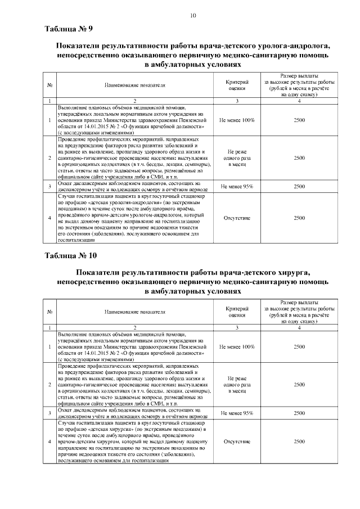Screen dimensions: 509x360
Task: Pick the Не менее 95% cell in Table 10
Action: tap(237, 413)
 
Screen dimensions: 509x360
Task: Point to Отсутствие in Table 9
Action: tap(237, 217)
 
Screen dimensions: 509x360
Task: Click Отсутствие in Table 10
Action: tap(237, 442)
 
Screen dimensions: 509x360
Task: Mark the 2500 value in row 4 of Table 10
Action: tap(299, 442)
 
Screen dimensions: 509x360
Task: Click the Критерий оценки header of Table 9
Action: tap(237, 85)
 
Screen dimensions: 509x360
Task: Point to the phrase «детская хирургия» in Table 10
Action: tap(112, 428)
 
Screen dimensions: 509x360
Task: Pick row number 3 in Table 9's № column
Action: tap(50, 187)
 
